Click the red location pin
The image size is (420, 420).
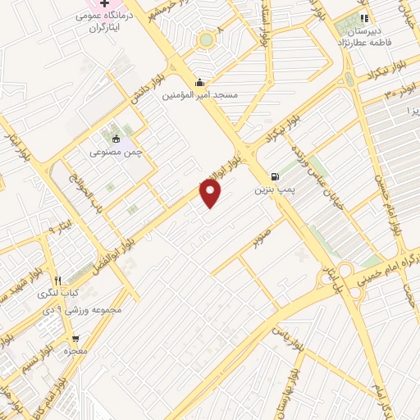point(212,193)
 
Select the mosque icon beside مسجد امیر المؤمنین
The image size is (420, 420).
point(200,82)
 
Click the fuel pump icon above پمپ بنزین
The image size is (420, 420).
point(273,176)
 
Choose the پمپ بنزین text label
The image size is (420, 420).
point(272,189)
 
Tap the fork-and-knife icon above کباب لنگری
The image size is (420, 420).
point(57,281)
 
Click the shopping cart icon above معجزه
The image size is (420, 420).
point(75,338)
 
